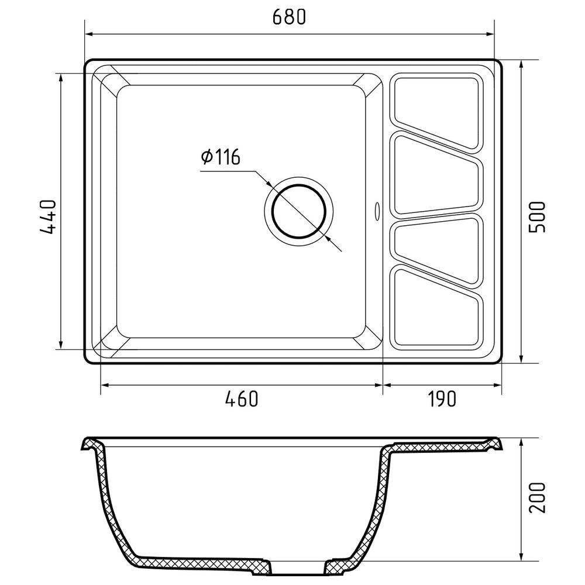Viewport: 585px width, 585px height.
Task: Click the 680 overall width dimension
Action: (x=289, y=18)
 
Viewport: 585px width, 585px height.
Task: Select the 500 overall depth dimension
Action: (x=537, y=216)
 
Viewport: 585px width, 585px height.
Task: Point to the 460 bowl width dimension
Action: (x=241, y=399)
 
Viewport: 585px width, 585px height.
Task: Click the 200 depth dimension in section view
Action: (x=537, y=497)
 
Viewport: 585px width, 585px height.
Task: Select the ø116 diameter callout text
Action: (x=221, y=157)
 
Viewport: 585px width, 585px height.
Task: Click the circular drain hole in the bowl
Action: (x=298, y=211)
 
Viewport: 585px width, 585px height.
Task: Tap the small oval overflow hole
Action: (x=376, y=210)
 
